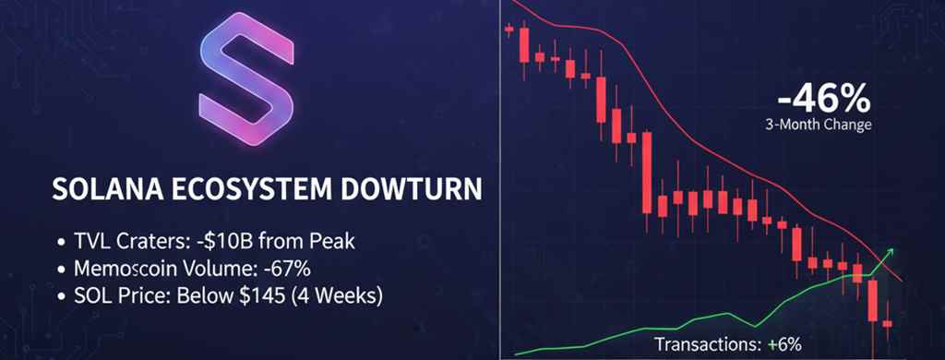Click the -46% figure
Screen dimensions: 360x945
pyautogui.click(x=822, y=97)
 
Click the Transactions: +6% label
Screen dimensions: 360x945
pyautogui.click(x=728, y=343)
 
